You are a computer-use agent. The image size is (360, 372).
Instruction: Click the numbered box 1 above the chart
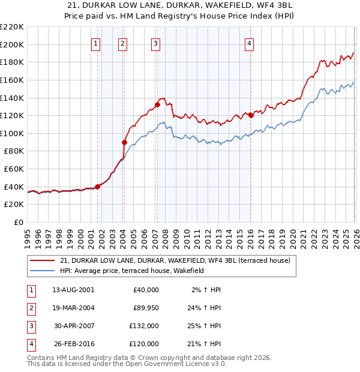click(x=96, y=43)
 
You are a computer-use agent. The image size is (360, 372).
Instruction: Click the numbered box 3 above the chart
click(x=155, y=43)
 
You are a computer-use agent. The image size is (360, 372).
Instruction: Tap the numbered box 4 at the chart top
click(x=249, y=43)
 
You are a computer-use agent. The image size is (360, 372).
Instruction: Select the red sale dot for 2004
click(x=125, y=142)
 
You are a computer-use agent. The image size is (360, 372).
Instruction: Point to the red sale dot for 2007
click(x=157, y=104)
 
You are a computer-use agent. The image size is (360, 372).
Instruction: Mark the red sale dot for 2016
click(x=251, y=115)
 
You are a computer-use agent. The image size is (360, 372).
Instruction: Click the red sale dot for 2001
click(x=97, y=187)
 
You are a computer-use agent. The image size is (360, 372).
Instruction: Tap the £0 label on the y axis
click(x=17, y=222)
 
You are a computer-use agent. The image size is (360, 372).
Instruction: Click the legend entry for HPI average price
click(x=132, y=271)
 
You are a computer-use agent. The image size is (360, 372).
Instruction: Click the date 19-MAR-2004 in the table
click(x=73, y=308)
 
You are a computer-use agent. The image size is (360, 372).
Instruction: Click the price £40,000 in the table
click(x=146, y=290)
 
